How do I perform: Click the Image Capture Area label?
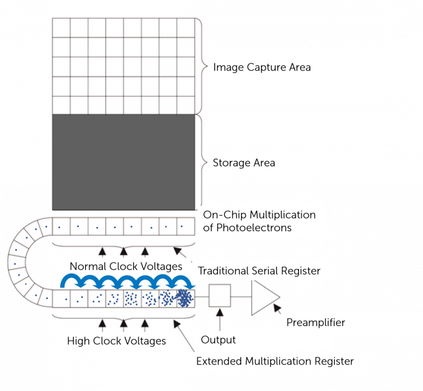click(x=262, y=68)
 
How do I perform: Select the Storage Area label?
click(x=244, y=163)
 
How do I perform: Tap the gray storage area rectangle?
click(x=123, y=162)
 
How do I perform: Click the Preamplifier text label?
click(x=316, y=323)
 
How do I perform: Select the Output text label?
click(x=218, y=340)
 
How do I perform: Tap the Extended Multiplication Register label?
click(x=275, y=362)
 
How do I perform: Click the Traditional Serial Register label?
click(x=259, y=271)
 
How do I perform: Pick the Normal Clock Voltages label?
click(x=126, y=267)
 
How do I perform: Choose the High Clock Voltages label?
click(x=116, y=341)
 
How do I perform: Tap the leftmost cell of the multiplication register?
click(x=62, y=298)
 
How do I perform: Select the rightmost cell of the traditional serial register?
click(x=186, y=226)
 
